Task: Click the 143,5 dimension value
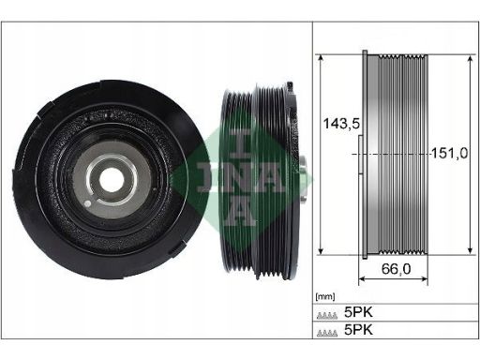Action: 341,124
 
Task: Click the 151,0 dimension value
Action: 450,153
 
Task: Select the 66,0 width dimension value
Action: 396,269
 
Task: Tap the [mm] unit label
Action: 325,296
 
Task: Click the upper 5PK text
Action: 358,312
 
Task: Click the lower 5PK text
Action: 358,330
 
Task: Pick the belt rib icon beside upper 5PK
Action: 327,315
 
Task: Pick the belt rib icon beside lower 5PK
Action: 327,333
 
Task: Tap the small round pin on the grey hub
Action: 88,204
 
